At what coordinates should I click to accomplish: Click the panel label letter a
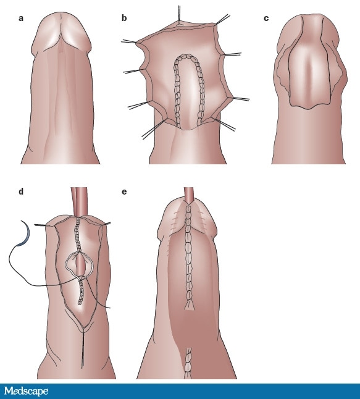coord(21,19)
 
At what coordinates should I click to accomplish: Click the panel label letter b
coord(124,18)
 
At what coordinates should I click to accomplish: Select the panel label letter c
coord(266,19)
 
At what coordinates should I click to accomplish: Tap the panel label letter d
coord(21,191)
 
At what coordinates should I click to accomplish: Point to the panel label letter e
coord(124,191)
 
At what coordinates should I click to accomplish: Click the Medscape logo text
coord(26,391)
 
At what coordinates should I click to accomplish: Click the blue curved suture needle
coord(25,234)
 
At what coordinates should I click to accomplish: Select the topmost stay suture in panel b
coord(179,13)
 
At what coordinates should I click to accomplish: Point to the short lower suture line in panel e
coord(188,363)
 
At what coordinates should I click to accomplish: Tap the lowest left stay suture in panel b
coord(154,129)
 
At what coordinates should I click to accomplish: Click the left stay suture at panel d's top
coord(44,225)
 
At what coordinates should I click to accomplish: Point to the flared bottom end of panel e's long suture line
coord(189,305)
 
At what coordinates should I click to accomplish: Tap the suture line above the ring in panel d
coord(77,235)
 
